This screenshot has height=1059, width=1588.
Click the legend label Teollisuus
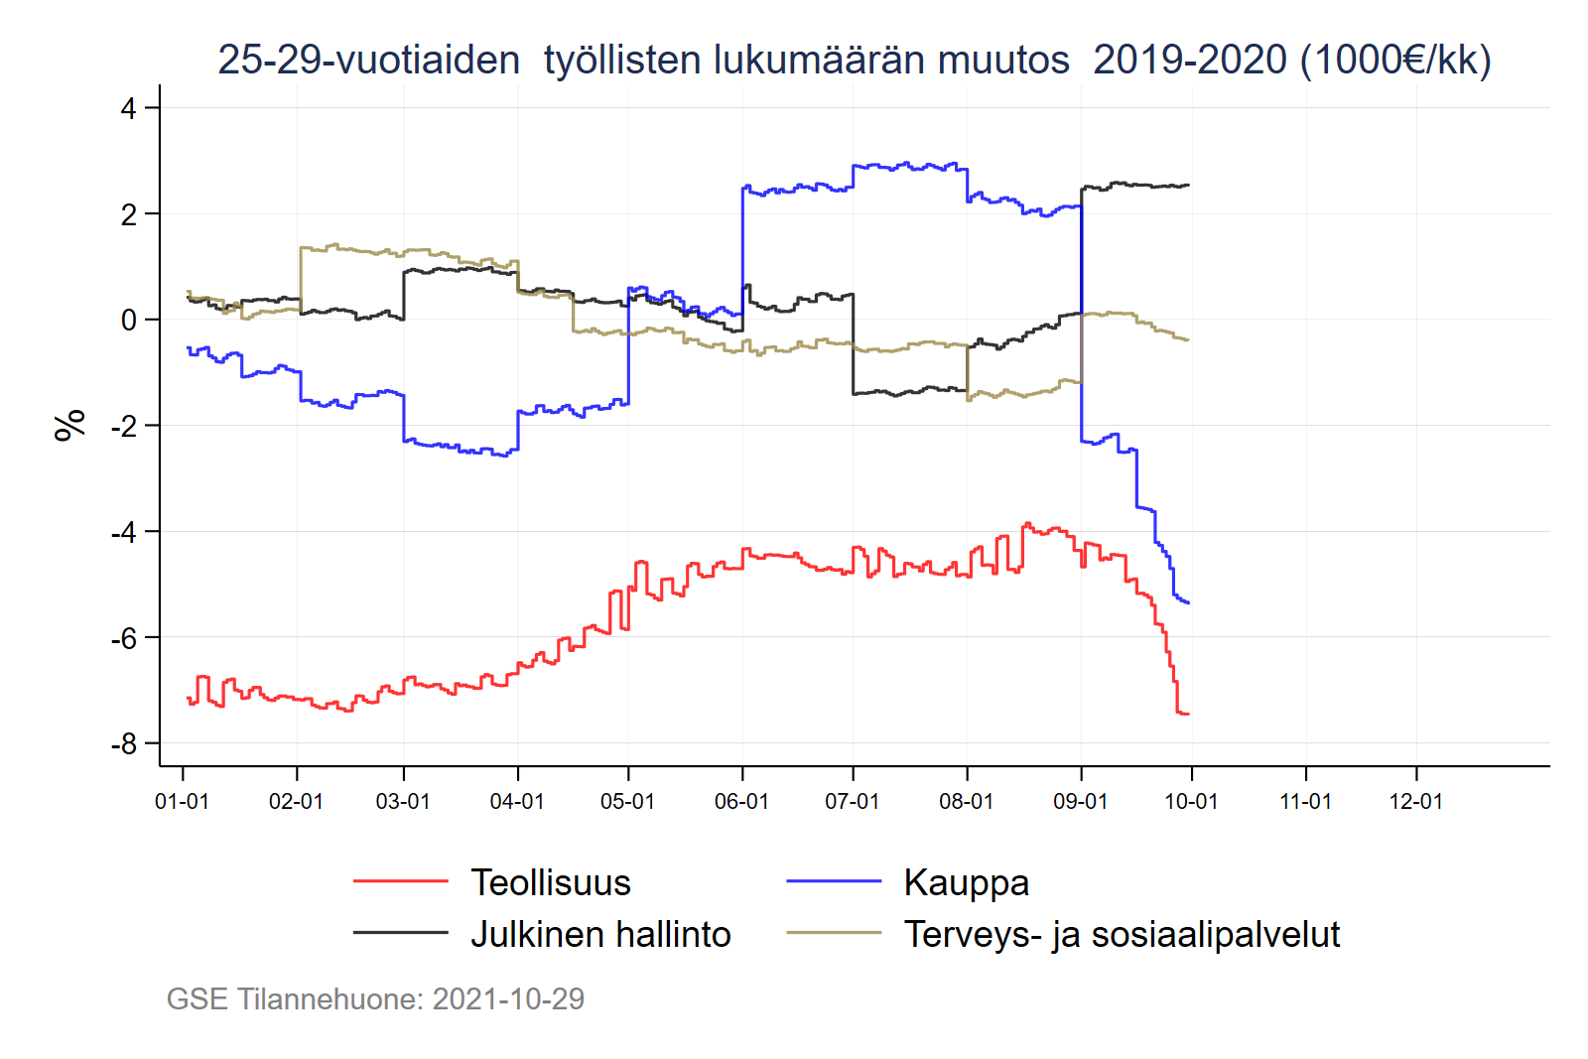pos(550,882)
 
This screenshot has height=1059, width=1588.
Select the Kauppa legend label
pos(966,882)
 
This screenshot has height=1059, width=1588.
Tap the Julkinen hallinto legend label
pos(600,934)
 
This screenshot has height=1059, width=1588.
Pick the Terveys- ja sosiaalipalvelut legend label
pos(1122,934)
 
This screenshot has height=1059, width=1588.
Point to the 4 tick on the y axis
pos(128,108)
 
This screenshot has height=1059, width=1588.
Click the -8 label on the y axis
pos(124,743)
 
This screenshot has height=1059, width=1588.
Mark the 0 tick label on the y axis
pos(129,320)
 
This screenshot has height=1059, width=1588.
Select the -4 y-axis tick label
pos(124,532)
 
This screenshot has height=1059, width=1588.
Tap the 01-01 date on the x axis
pos(183,801)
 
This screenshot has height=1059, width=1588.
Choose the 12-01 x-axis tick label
pos(1415,801)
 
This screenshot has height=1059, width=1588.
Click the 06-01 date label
pos(741,801)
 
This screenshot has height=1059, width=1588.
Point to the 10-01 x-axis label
pos(1191,801)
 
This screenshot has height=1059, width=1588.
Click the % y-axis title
pos(69,425)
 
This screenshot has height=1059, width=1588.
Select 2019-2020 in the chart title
pos(1190,60)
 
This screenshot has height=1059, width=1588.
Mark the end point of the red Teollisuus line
pos(1189,714)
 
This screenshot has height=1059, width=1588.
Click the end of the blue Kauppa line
pos(1189,602)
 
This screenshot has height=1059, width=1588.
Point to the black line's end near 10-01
pos(1189,185)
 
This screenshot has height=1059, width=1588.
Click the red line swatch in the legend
pos(400,880)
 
